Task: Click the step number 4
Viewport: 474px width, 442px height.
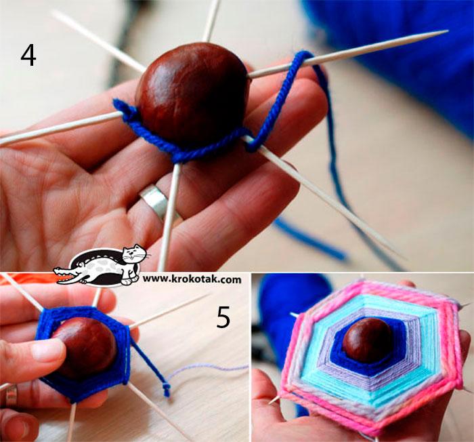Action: [x=28, y=56]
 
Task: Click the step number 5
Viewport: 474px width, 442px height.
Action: [x=223, y=317]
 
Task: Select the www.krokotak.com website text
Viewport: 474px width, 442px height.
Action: [x=192, y=279]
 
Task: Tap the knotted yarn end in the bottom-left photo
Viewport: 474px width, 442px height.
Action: [x=166, y=390]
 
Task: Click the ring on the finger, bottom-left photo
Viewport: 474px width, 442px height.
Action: [x=12, y=396]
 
